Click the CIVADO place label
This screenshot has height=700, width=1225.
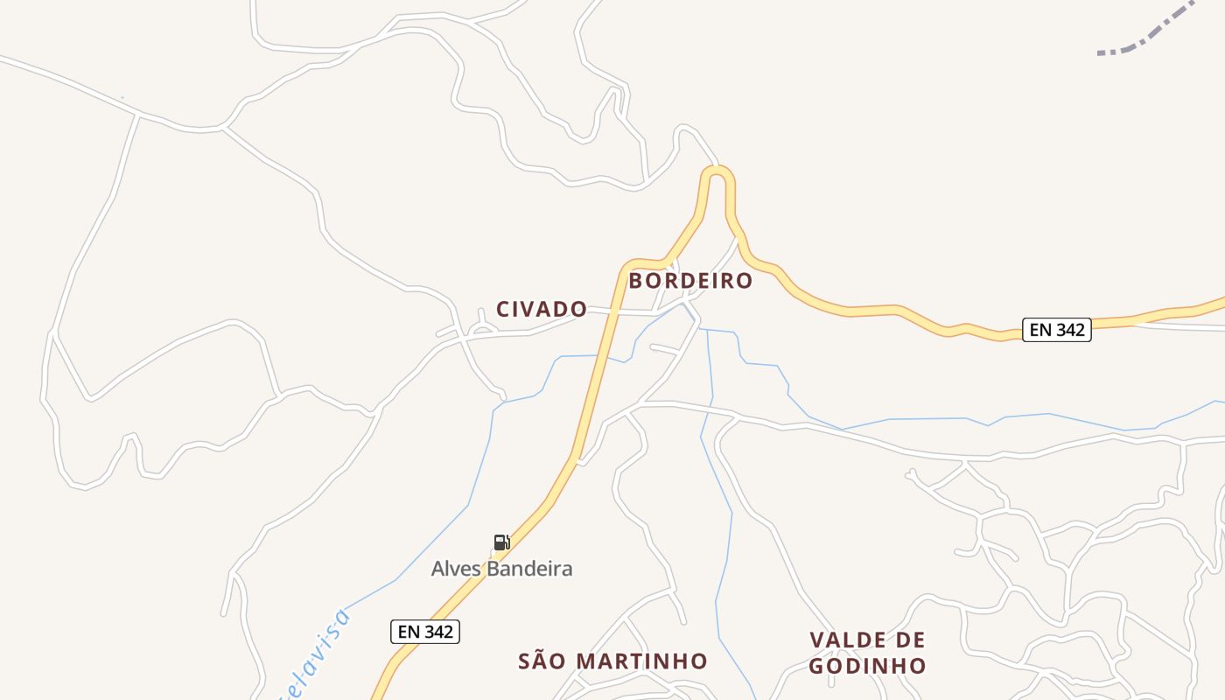pyautogui.click(x=542, y=309)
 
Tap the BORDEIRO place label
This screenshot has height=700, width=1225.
pyautogui.click(x=690, y=281)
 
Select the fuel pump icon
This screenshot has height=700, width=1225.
pyautogui.click(x=501, y=542)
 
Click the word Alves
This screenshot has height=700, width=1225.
pyautogui.click(x=457, y=569)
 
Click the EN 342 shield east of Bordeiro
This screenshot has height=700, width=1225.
pyautogui.click(x=1056, y=330)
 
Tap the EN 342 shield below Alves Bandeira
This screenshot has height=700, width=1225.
pyautogui.click(x=424, y=632)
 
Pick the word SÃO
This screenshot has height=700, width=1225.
pyautogui.click(x=538, y=661)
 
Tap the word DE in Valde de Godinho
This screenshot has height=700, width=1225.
pyautogui.click(x=910, y=640)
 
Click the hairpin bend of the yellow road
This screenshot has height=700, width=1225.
pyautogui.click(x=717, y=172)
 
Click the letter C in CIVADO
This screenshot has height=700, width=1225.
pyautogui.click(x=503, y=309)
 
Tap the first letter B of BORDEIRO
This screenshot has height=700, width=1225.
pyautogui.click(x=636, y=281)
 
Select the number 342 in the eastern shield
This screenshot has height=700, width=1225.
pyautogui.click(x=1069, y=330)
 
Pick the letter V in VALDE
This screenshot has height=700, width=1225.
pyautogui.click(x=817, y=640)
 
